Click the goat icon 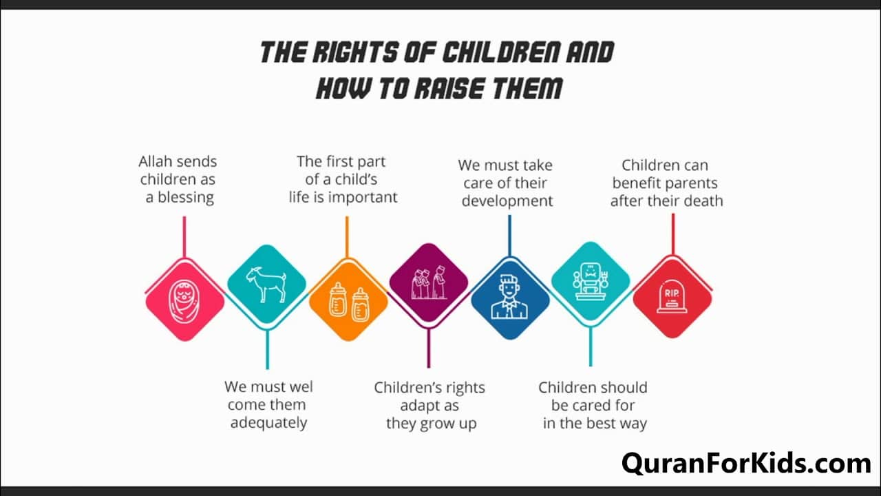click(267, 285)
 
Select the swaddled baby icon click(184, 302)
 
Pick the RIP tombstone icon click(672, 297)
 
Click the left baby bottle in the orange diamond click(338, 300)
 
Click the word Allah click(156, 161)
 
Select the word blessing click(186, 198)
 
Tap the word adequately click(268, 423)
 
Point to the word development click(507, 201)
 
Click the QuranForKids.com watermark click(746, 464)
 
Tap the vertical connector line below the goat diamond click(268, 349)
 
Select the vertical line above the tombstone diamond click(673, 234)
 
